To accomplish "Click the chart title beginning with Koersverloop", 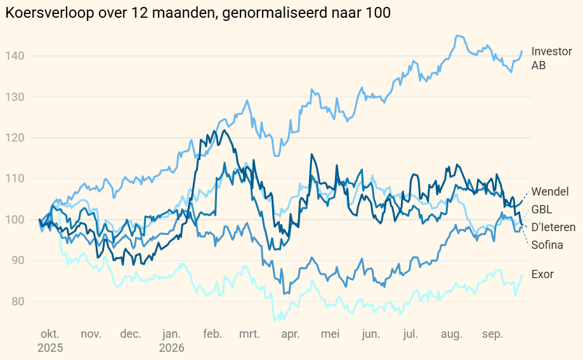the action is point(198,13).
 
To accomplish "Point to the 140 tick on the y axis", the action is point(15,56).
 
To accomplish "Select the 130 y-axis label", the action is point(15,97).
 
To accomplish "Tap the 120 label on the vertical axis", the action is point(15,138).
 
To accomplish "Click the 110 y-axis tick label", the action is point(15,178).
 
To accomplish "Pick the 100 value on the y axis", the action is point(15,220).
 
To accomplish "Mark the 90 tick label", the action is point(18,260).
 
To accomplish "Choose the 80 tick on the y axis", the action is point(18,301).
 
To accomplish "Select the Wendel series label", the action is point(550,191).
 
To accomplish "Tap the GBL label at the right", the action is point(541,210).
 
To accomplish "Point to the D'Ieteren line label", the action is point(553,227).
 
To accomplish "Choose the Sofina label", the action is point(547,245).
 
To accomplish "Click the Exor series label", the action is point(542,274).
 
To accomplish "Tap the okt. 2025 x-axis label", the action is point(50,341).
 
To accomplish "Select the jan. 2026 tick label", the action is point(171,341).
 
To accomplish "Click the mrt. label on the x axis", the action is point(249,334).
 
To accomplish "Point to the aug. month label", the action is point(452,334).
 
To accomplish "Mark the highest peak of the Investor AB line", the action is point(457,36).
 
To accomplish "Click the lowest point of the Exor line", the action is point(275,321).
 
